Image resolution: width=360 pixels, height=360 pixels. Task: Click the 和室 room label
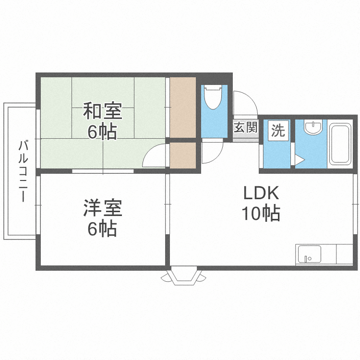point(102,112)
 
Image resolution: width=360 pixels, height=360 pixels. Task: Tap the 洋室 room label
point(102,208)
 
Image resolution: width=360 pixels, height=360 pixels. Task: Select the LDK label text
point(261,193)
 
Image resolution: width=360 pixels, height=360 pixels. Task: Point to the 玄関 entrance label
point(246,128)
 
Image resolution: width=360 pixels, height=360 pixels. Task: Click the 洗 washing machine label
point(278,130)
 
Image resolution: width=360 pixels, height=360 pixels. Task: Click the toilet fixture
point(212,99)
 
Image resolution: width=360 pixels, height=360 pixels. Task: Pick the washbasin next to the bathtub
point(313,128)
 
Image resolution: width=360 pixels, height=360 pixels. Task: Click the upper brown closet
point(183,107)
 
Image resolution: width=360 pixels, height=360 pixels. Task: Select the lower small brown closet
point(183,155)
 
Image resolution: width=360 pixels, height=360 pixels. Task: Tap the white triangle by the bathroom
point(299,160)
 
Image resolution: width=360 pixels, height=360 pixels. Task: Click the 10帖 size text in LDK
point(261,213)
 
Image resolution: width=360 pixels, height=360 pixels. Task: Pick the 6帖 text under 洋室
point(102,229)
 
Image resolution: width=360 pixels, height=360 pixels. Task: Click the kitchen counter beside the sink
point(344,254)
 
